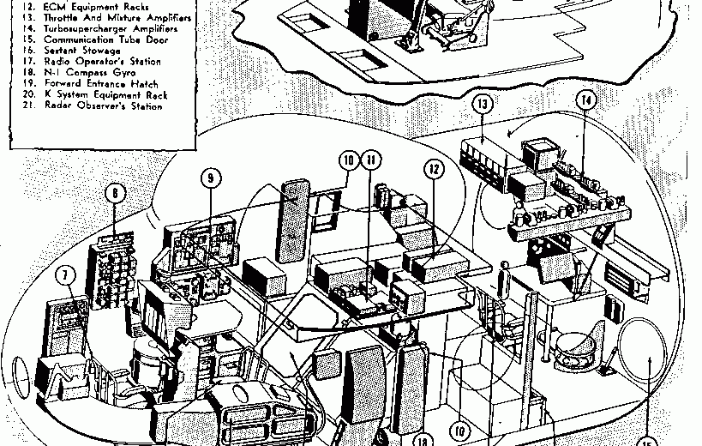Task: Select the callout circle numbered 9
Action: [212, 178]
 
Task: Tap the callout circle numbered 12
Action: [435, 171]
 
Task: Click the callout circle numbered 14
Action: [586, 100]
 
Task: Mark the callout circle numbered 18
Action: [423, 438]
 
